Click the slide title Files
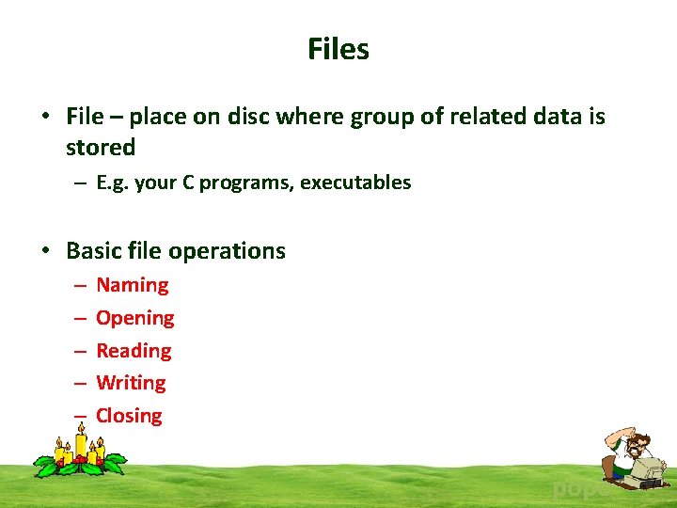point(338,49)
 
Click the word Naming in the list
point(132,285)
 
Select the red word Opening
point(134,318)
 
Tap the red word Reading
point(134,351)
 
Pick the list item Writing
point(131,383)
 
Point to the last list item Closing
point(129,416)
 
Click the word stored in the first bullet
point(101,148)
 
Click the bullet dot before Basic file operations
point(45,251)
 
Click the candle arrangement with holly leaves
point(79,452)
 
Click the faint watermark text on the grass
point(575,488)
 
